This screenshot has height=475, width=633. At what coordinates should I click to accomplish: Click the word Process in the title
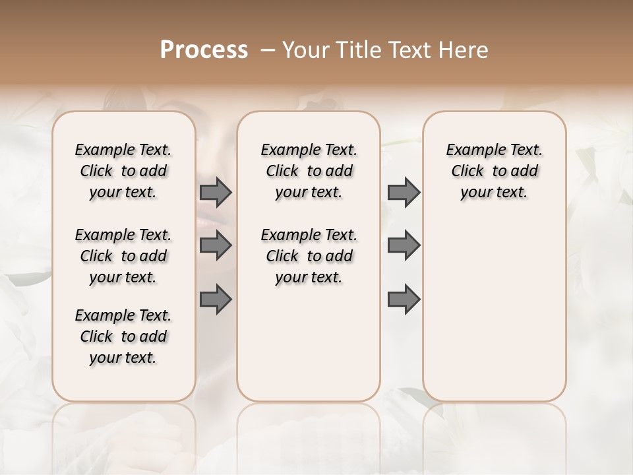coord(204,50)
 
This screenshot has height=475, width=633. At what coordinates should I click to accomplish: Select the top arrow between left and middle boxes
coord(216,192)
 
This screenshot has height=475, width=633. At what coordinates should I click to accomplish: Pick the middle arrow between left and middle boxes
coord(216,245)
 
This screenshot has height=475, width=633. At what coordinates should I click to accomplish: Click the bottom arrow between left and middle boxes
coord(216,300)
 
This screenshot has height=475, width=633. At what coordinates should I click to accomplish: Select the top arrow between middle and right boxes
coord(404,192)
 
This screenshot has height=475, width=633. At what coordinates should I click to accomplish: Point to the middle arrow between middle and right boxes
coord(404,245)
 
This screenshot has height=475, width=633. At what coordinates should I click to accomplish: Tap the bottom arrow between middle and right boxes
coord(404,300)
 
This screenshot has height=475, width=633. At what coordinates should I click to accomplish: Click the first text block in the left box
coord(123,171)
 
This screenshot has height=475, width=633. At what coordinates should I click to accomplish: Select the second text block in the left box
coord(123,256)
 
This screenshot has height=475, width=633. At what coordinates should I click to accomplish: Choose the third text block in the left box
coord(123,336)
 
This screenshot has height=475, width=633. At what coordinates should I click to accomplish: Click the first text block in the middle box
coord(309,171)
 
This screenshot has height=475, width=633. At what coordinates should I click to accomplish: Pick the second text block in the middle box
coord(309,256)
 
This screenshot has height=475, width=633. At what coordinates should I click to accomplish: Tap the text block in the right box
coord(494,171)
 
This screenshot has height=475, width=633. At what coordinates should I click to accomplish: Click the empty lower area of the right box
coord(494,317)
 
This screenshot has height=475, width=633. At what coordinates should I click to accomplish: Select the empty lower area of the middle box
coord(309,343)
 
